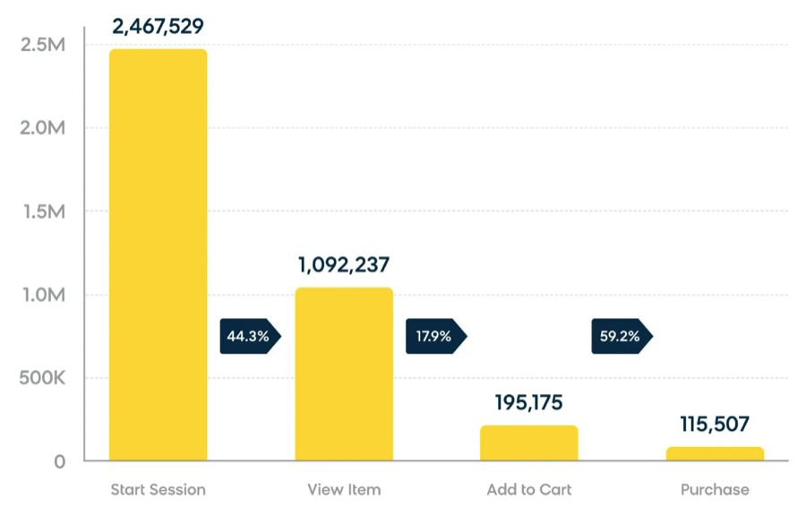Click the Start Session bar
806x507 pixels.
click(158, 255)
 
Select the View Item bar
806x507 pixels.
click(344, 374)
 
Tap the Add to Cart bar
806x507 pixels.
click(529, 443)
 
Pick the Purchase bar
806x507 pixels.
click(715, 454)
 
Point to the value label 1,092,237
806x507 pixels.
click(344, 265)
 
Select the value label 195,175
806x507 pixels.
click(529, 402)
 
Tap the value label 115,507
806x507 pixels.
click(714, 425)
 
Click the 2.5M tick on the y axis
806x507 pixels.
click(42, 45)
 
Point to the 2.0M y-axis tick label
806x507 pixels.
click(42, 128)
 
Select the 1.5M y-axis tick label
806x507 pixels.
click(42, 211)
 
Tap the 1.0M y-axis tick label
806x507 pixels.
click(42, 295)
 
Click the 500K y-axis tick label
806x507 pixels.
click(41, 378)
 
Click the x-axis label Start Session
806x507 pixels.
click(158, 490)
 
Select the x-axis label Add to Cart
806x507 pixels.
click(529, 490)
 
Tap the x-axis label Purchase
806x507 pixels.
click(715, 490)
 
